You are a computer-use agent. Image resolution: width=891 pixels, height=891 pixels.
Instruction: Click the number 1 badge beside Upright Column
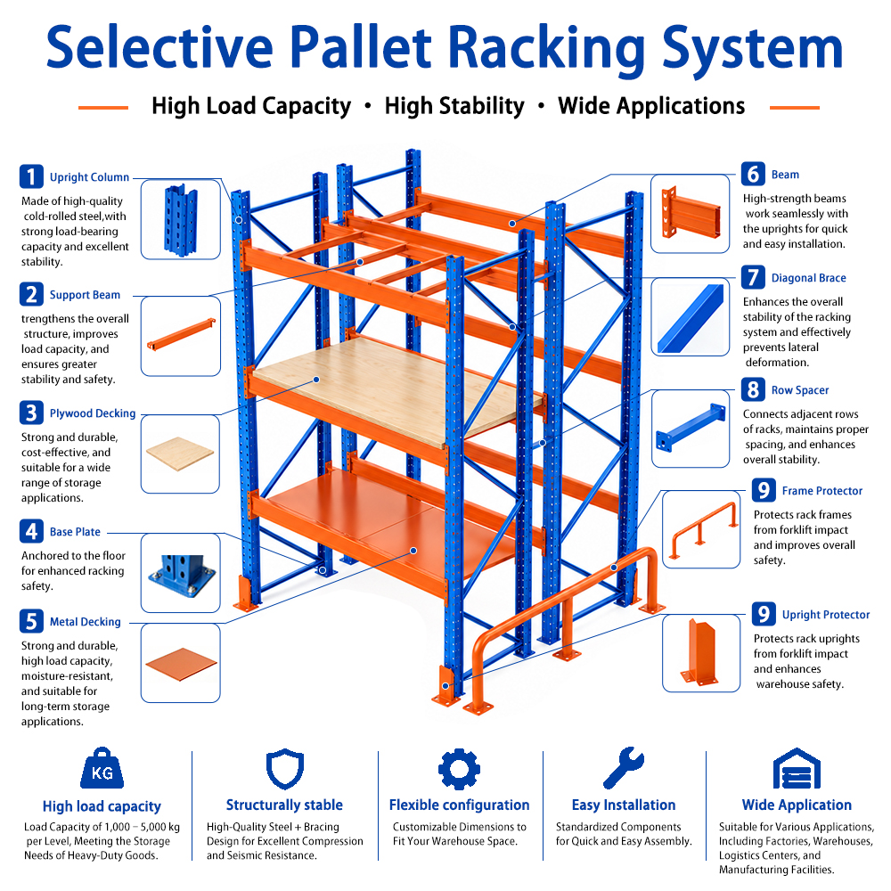coord(31,176)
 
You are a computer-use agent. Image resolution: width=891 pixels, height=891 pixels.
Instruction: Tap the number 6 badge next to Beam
coord(753,174)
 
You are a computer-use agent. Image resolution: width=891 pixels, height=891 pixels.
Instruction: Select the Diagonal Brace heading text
coord(809,278)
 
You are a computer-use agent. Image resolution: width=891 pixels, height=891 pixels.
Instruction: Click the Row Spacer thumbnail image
coord(691,429)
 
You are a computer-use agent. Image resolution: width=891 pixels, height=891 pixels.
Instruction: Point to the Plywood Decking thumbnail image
coord(180,454)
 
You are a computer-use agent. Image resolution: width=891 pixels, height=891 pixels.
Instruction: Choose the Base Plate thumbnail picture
coord(180,573)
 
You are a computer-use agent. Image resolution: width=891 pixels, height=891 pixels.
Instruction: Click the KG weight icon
coord(102,768)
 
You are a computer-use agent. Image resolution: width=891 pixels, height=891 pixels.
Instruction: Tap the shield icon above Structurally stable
coord(285,769)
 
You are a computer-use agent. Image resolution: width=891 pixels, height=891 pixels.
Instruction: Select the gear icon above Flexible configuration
coord(459,769)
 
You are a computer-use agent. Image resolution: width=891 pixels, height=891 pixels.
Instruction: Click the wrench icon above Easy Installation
coord(624,768)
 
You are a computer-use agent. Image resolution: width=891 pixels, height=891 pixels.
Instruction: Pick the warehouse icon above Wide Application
coord(797,768)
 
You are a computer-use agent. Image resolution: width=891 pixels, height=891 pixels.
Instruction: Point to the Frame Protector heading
coord(822,491)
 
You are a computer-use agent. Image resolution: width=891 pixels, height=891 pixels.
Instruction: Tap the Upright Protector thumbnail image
coord(701,653)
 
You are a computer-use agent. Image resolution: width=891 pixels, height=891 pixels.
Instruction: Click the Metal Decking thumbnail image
coord(180,663)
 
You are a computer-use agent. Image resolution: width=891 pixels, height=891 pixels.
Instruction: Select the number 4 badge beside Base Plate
coord(31,531)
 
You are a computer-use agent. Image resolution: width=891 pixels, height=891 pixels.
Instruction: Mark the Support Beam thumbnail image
coord(180,336)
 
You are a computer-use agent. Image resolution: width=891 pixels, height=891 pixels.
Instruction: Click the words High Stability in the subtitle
coord(454,106)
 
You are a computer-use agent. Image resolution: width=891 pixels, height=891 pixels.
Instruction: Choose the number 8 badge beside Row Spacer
coord(753,390)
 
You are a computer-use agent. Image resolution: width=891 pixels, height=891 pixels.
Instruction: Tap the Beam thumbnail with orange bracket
coord(690,214)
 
